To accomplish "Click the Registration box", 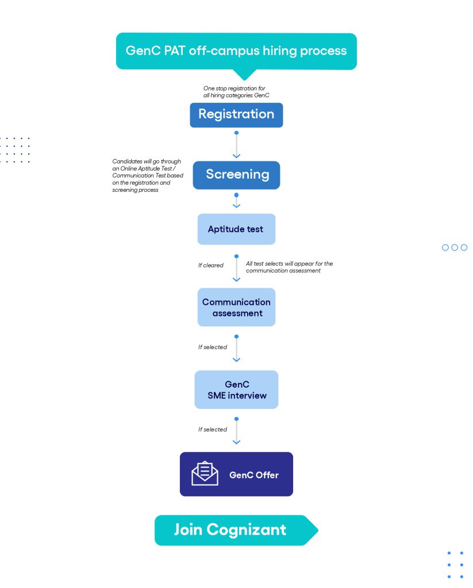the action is tap(236, 115).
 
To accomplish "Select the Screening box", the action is tap(237, 175).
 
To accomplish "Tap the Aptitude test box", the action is tap(237, 229).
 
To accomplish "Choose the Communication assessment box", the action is tap(237, 307).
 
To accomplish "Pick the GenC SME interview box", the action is tap(237, 390).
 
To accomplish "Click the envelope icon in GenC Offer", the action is tap(205, 473).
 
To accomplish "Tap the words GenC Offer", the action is tap(254, 475).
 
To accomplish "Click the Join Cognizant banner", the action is tap(237, 530).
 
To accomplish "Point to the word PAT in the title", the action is tap(175, 51).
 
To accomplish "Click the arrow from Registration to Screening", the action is tap(237, 145).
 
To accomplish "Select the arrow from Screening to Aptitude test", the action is tap(237, 200).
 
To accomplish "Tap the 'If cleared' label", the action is tap(211, 265).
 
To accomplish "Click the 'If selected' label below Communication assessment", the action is tap(213, 347).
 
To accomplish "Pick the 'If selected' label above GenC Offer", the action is tap(213, 430).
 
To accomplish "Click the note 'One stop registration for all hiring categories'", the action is tap(237, 92).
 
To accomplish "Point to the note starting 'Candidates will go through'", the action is tap(148, 176).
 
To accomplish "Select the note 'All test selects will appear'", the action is tap(290, 267).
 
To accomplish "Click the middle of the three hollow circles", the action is tap(455, 247).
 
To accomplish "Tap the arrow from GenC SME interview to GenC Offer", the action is tap(237, 431).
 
